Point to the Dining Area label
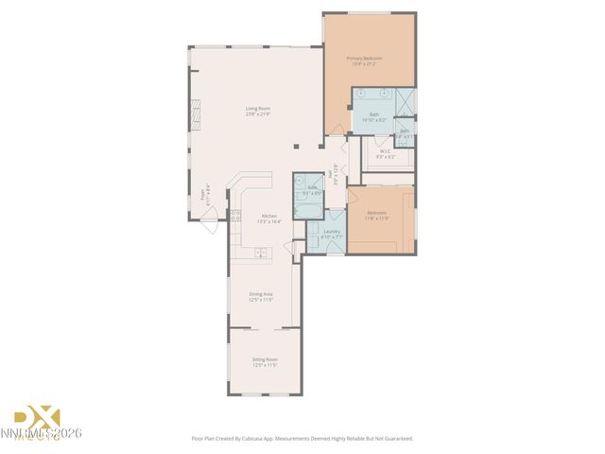261,294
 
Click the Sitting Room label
265,359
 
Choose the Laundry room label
331,231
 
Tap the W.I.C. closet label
385,151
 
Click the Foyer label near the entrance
201,195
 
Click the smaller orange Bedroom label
376,213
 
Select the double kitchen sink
258,253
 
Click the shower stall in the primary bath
405,100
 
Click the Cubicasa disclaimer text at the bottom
302,438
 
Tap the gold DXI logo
36,417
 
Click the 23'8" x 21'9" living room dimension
258,114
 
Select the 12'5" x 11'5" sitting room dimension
265,365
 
